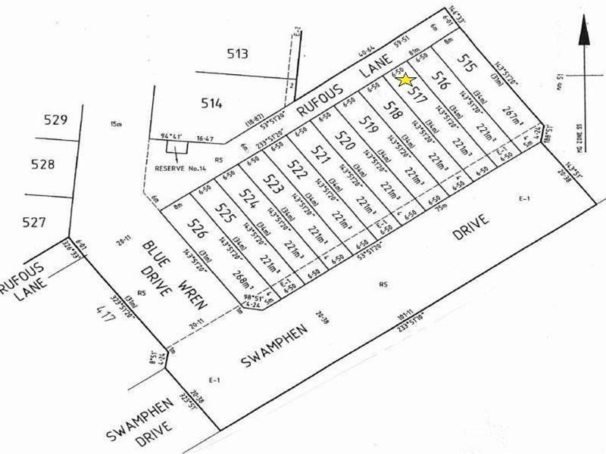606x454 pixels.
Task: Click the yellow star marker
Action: tap(405, 79)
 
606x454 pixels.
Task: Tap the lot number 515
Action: tap(467, 64)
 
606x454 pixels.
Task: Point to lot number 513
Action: tap(238, 53)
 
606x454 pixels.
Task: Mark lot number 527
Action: tap(35, 222)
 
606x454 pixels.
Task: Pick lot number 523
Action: tap(272, 182)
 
